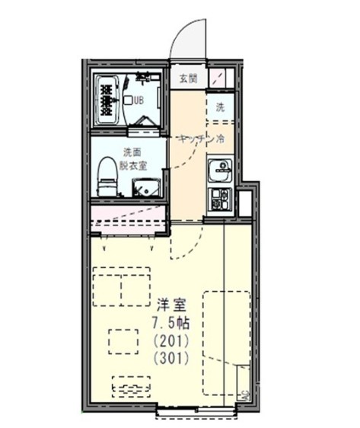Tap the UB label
coord(139,100)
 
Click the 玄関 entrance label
coord(187,78)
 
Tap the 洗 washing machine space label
coord(220,107)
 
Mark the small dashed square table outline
coord(122,341)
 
